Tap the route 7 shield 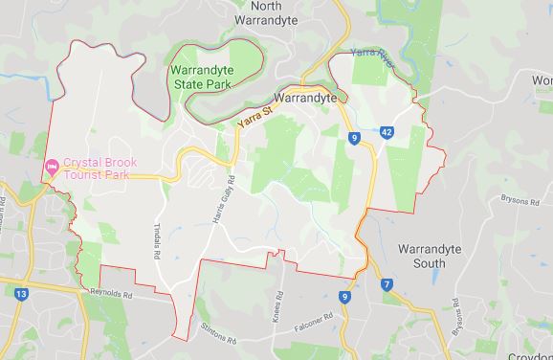(386, 283)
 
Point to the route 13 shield (20, 295)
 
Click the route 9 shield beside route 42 (355, 139)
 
